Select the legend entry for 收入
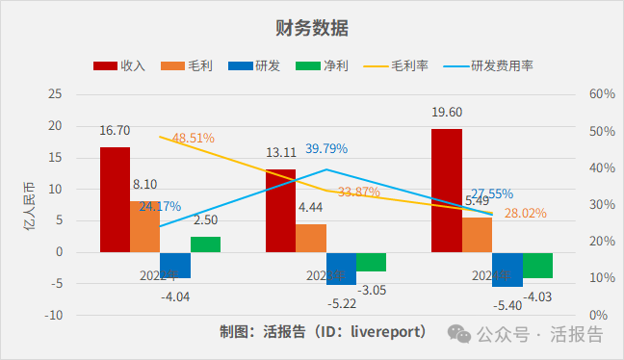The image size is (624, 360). click(118, 66)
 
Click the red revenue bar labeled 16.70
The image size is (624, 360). click(115, 199)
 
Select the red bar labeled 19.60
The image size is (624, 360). click(447, 191)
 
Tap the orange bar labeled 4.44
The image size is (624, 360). click(311, 239)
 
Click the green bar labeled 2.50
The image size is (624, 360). click(205, 244)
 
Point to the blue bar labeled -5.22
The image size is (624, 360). click(341, 269)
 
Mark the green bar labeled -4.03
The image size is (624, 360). click(537, 265)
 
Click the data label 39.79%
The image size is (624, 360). click(326, 149)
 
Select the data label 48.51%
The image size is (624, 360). click(194, 138)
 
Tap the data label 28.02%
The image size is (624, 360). click(526, 213)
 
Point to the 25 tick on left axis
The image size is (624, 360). click(54, 94)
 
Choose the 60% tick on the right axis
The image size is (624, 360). click(602, 94)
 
